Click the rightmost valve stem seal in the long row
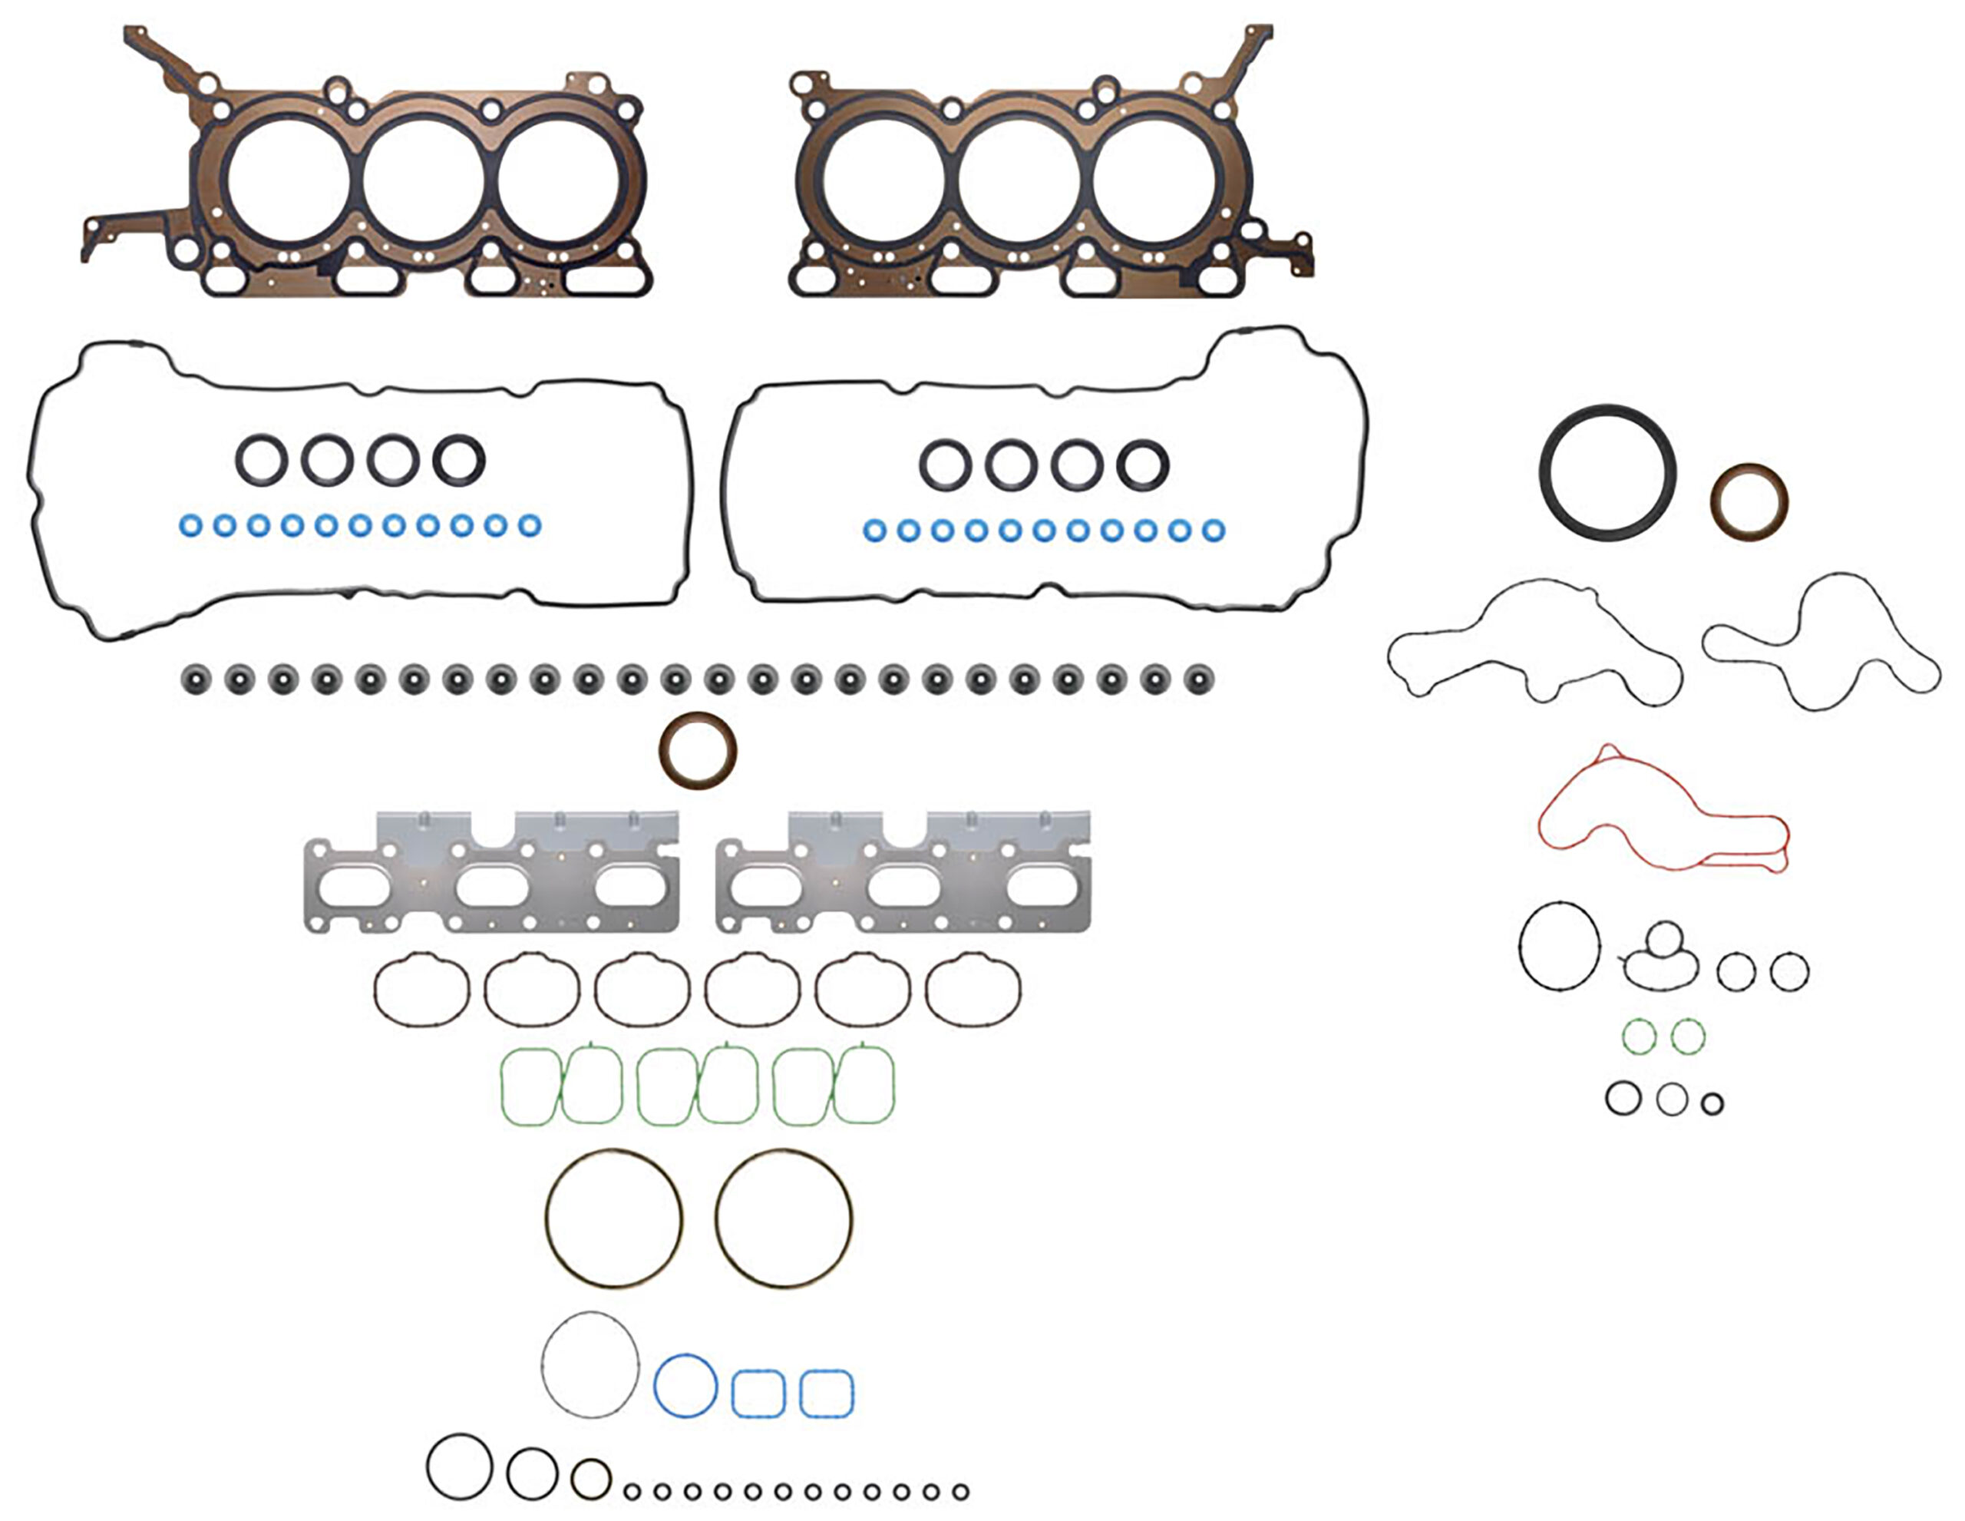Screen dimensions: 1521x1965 tap(1198, 679)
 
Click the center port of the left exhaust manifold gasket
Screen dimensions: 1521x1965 tap(492, 888)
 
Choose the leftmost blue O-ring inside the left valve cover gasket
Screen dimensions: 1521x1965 tap(190, 524)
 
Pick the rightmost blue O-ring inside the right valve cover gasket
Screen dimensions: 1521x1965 tap(1213, 530)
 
